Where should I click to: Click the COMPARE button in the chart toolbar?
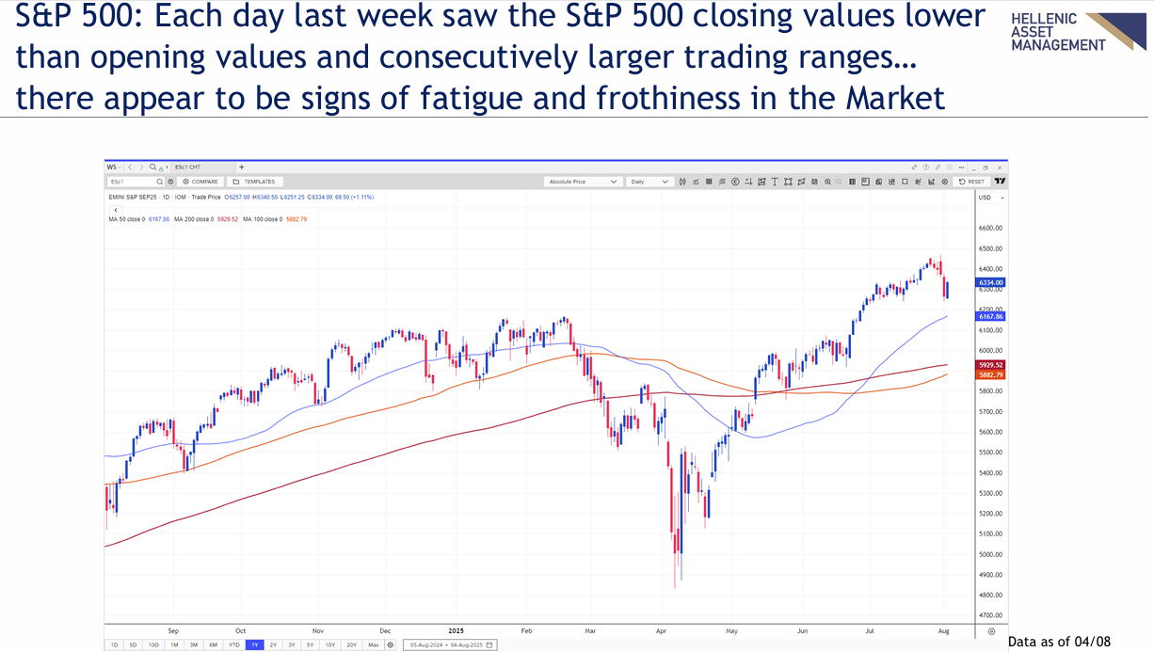(x=200, y=182)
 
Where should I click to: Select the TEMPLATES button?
(x=255, y=182)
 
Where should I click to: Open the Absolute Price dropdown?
(x=583, y=182)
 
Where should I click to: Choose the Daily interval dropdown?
(x=650, y=182)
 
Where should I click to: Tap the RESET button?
(x=971, y=182)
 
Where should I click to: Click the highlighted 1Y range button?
(x=253, y=644)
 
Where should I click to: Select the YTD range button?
(x=232, y=644)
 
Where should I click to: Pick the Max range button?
(x=374, y=644)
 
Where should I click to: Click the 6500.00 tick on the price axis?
(x=991, y=249)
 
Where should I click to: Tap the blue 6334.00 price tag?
(x=991, y=282)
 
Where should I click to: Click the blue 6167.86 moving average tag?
(x=991, y=317)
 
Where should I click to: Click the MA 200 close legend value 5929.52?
(x=227, y=219)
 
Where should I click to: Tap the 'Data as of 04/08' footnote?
(x=1051, y=642)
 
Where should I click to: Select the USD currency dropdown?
(x=991, y=198)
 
